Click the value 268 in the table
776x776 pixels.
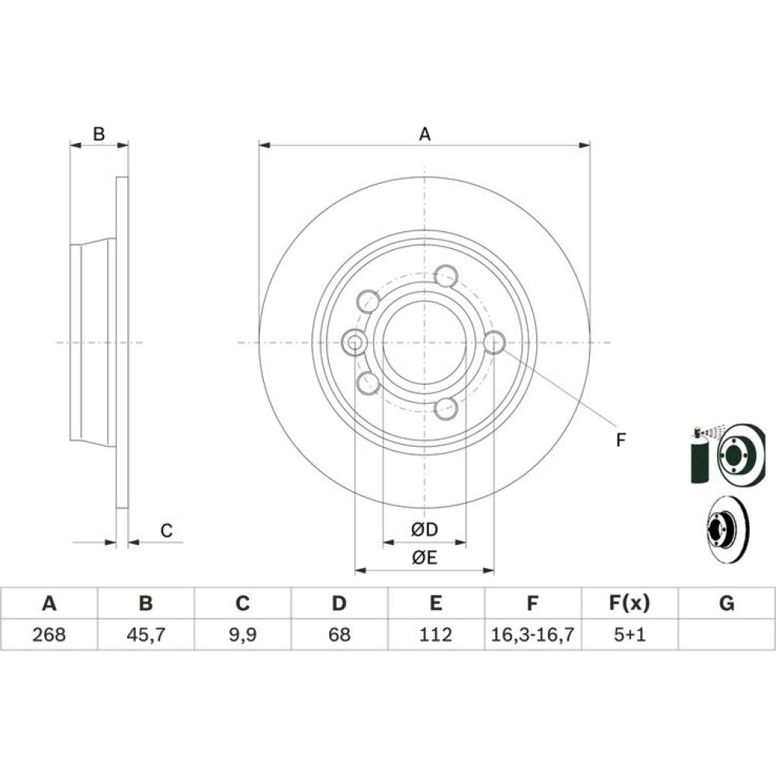pos(49,634)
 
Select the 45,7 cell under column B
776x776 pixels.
pos(146,634)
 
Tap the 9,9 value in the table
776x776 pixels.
pos(242,634)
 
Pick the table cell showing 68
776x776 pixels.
pos(339,634)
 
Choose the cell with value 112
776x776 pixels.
pos(435,634)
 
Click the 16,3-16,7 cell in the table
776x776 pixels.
pos(532,634)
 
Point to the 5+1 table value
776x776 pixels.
pos(629,634)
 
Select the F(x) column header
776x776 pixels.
pos(629,603)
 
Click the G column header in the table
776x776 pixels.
pos(726,603)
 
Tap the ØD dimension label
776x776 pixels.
pos(424,529)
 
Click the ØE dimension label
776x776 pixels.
pos(424,558)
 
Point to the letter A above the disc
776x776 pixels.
pos(424,134)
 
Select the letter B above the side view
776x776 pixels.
pos(99,133)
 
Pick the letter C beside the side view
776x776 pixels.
pos(166,531)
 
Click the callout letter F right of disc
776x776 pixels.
pos(621,439)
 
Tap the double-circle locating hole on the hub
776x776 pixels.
pos(355,342)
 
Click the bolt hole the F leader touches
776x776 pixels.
pos(494,342)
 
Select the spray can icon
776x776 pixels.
pos(699,455)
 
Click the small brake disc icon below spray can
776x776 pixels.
pos(726,529)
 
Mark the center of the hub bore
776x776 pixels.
pos(424,342)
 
